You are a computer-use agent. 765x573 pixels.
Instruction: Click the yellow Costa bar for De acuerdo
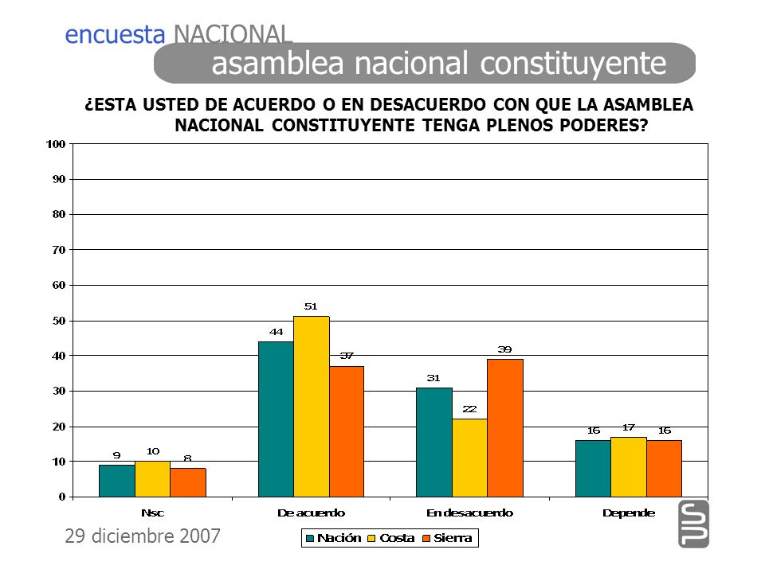point(312,407)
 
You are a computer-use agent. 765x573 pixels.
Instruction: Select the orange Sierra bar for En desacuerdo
point(505,428)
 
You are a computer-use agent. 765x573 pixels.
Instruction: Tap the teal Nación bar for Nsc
point(117,481)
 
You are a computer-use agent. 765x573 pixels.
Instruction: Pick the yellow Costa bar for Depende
point(629,467)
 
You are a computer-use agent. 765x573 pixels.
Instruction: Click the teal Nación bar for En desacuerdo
point(434,442)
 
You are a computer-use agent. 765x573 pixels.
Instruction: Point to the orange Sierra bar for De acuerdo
point(347,431)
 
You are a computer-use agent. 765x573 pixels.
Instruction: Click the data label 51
point(311,306)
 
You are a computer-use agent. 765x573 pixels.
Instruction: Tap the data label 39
point(504,349)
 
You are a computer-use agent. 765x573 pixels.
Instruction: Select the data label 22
point(469,409)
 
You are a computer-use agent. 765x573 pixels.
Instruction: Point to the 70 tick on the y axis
point(59,250)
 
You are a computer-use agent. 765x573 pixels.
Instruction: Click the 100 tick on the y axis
point(56,144)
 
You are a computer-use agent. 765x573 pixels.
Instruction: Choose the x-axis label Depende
point(629,513)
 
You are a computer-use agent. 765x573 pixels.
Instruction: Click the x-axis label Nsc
point(153,513)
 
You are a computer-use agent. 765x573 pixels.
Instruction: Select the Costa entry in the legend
point(391,538)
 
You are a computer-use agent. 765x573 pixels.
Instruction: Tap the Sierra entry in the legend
point(447,538)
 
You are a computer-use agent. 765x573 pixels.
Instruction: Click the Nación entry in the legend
point(334,538)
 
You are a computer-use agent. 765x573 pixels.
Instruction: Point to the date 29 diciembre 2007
point(143,536)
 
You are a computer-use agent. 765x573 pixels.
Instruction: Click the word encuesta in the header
point(115,34)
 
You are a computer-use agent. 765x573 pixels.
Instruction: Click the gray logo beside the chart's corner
point(694,524)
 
